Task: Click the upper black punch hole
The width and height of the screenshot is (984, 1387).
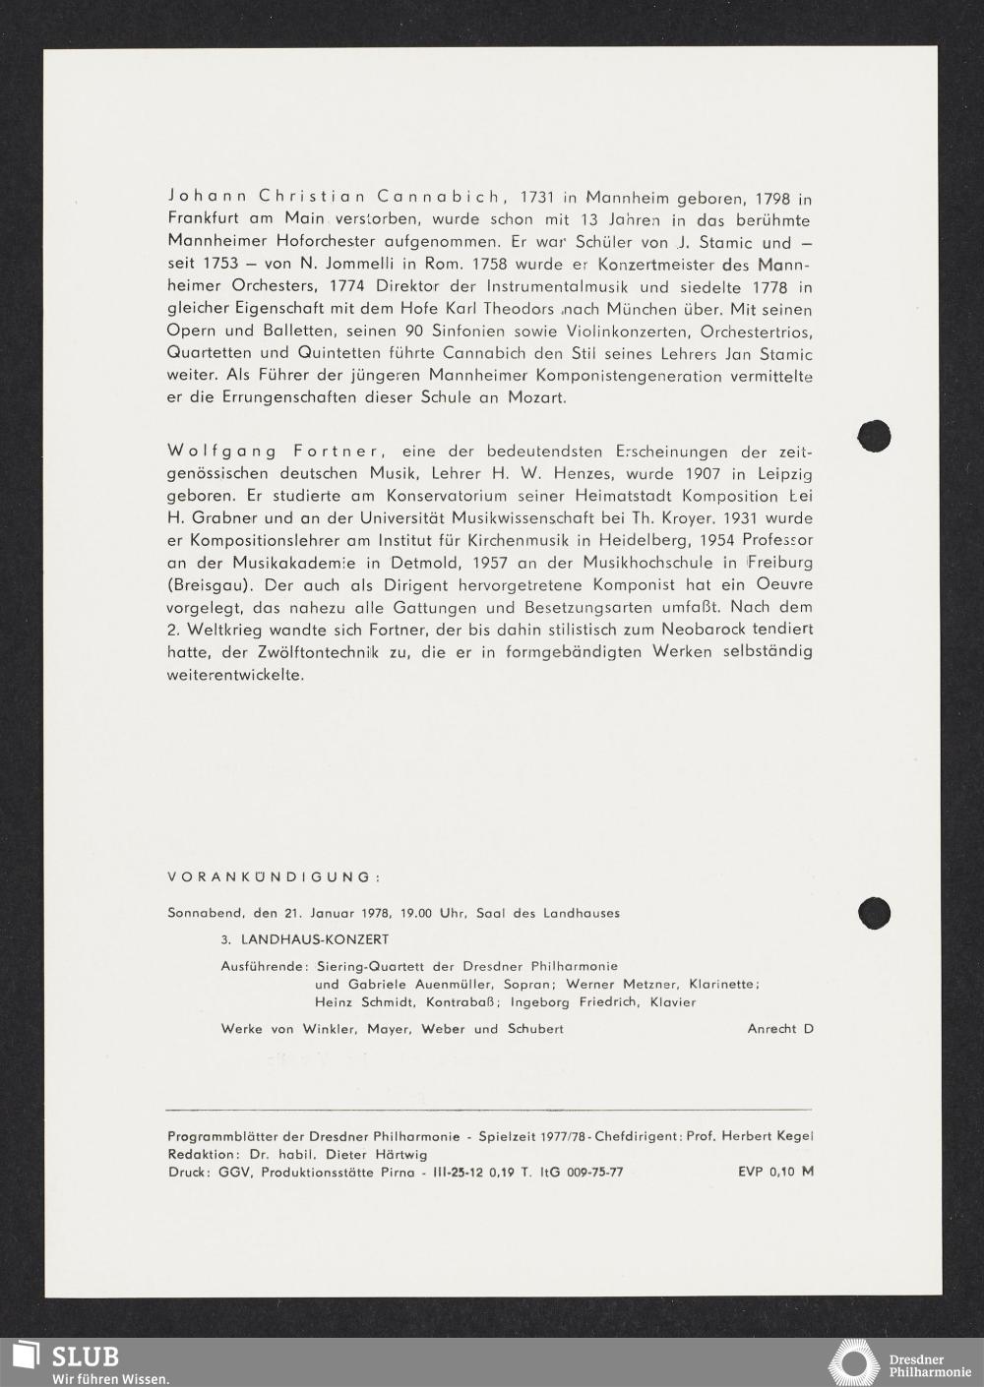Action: click(x=874, y=436)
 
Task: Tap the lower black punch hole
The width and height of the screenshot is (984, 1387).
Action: click(x=874, y=913)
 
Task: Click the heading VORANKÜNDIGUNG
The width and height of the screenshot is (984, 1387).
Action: click(x=274, y=877)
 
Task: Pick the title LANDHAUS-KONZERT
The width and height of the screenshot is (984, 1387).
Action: click(x=315, y=940)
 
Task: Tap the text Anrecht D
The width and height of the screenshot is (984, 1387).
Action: click(x=780, y=1029)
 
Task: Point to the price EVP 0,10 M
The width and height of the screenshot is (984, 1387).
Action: click(x=775, y=1172)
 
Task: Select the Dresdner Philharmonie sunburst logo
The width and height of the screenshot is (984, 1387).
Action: click(x=853, y=1362)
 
